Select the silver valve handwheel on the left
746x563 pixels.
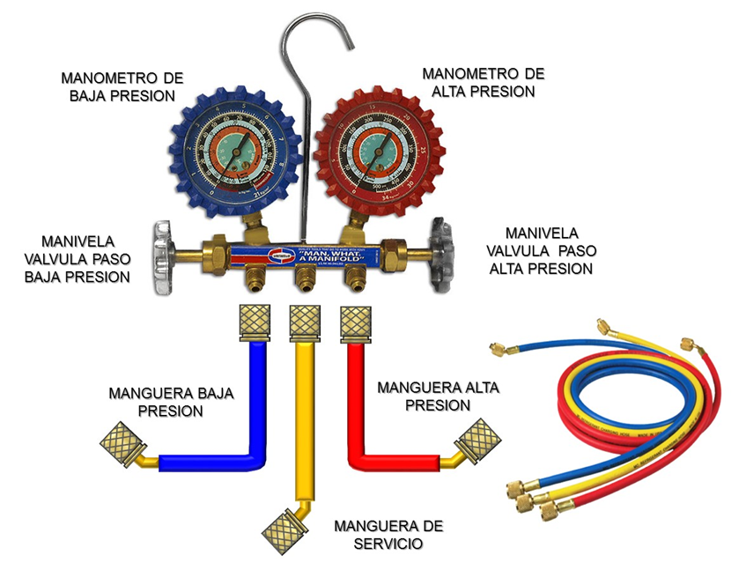(162, 257)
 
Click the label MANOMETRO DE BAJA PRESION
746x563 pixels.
(122, 86)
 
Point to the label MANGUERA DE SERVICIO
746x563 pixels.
(388, 534)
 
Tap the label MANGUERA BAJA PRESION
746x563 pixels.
(172, 402)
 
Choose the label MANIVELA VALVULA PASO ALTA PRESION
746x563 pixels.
(541, 250)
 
